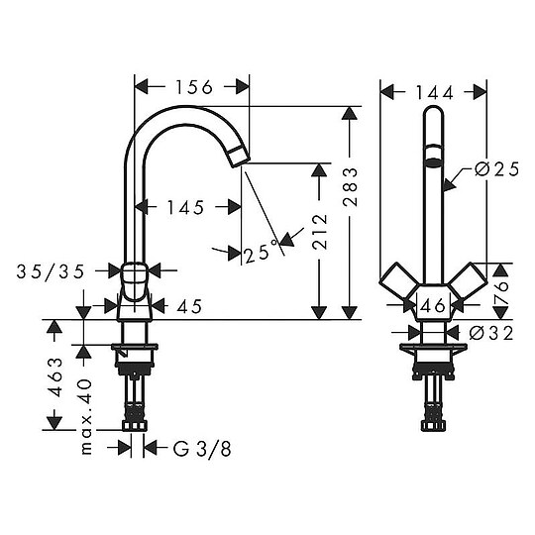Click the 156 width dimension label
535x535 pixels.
pyautogui.click(x=193, y=87)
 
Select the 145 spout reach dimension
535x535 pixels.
pyautogui.click(x=185, y=207)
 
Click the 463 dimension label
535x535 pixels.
pyautogui.click(x=56, y=379)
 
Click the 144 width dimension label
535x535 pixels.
pyautogui.click(x=433, y=92)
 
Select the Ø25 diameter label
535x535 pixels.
pyautogui.click(x=495, y=169)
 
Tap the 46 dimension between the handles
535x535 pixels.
pyautogui.click(x=433, y=306)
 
